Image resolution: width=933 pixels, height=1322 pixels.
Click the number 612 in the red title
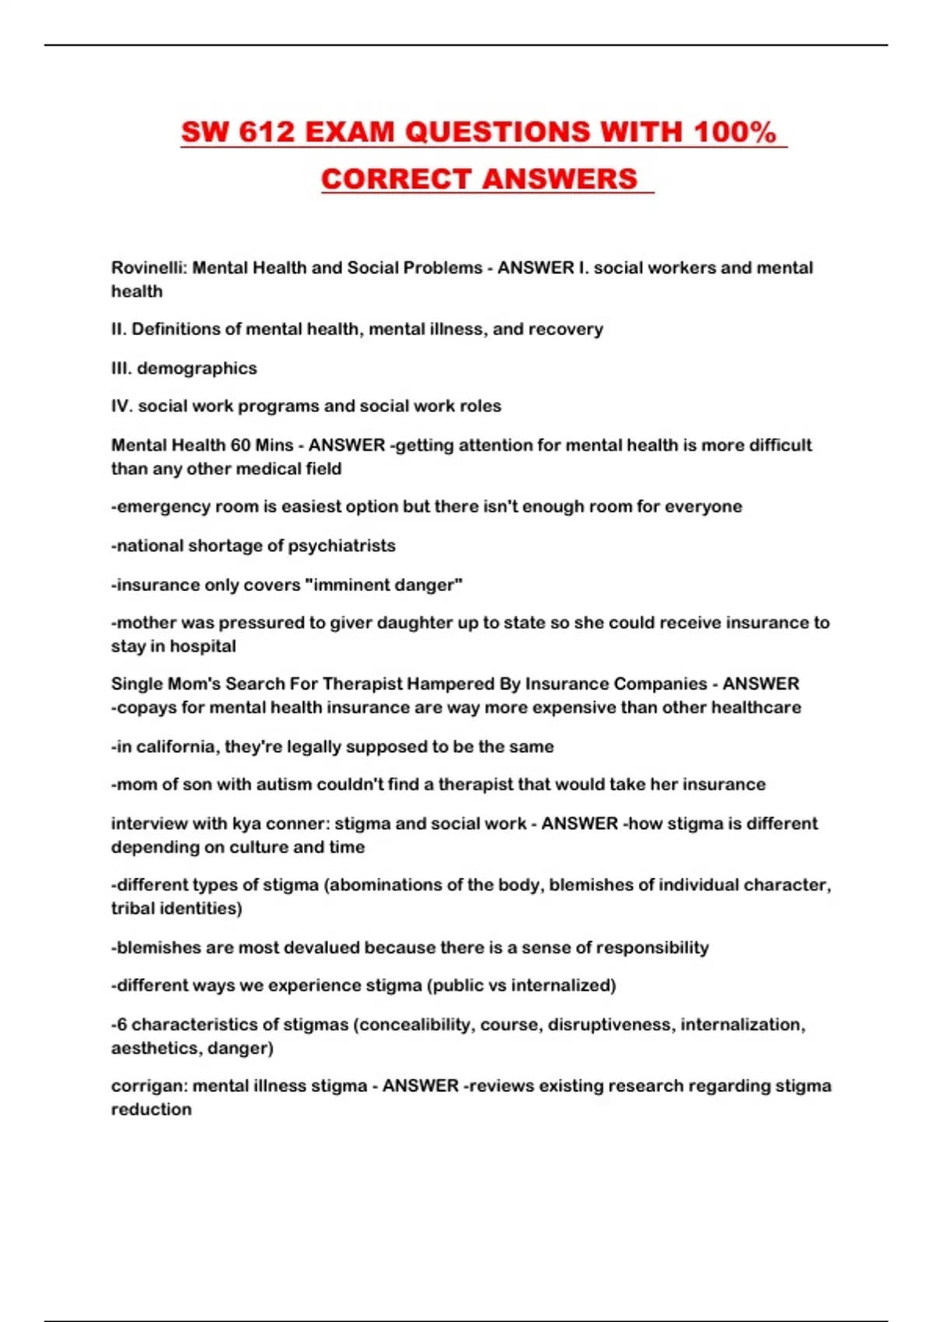[x=267, y=132]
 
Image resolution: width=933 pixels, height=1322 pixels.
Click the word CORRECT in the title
[x=397, y=179]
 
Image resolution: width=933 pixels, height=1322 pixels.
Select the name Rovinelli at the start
[x=148, y=268]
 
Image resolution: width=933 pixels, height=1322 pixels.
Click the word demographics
[x=197, y=368]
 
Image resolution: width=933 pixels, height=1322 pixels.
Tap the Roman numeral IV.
[x=121, y=406]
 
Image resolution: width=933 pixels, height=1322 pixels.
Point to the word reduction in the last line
[x=151, y=1110]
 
